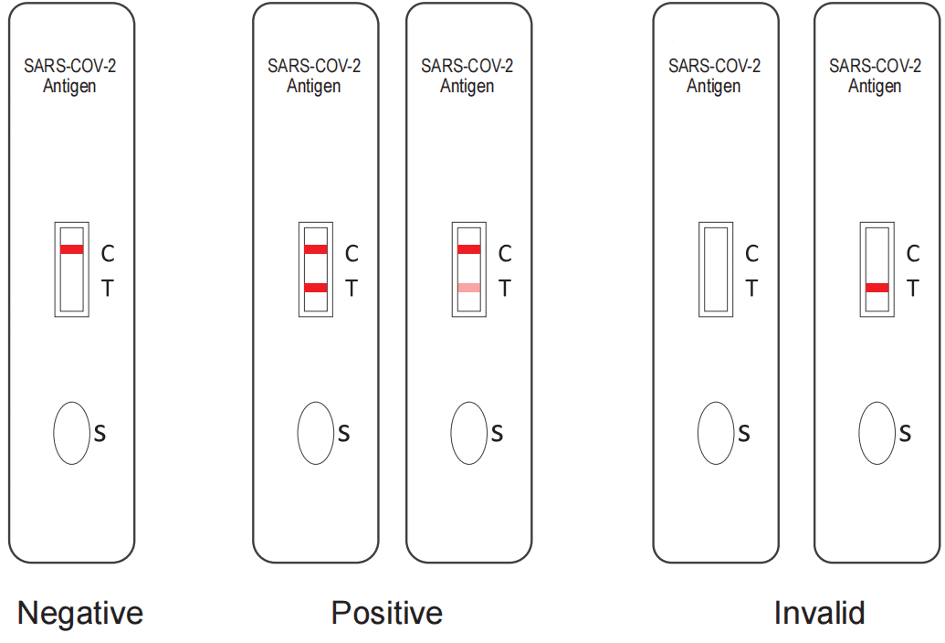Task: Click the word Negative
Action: [80, 614]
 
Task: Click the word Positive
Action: [387, 613]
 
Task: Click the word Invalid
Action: [819, 613]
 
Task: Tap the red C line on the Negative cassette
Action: [72, 249]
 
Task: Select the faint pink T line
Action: [469, 288]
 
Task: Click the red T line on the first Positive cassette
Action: [316, 288]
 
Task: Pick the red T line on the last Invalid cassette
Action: [877, 288]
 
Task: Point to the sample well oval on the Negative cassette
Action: [72, 433]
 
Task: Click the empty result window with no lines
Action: [716, 269]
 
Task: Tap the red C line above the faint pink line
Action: [469, 249]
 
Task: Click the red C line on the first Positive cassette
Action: [316, 249]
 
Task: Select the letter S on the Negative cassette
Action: [100, 433]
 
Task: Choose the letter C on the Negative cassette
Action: [107, 254]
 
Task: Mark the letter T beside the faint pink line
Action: [505, 289]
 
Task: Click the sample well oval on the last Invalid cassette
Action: [877, 433]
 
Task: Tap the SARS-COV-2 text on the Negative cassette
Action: [70, 66]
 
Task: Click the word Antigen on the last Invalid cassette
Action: [875, 86]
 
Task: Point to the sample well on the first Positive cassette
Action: [316, 433]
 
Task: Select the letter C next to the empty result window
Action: [751, 254]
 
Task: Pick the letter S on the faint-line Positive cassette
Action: [498, 433]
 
